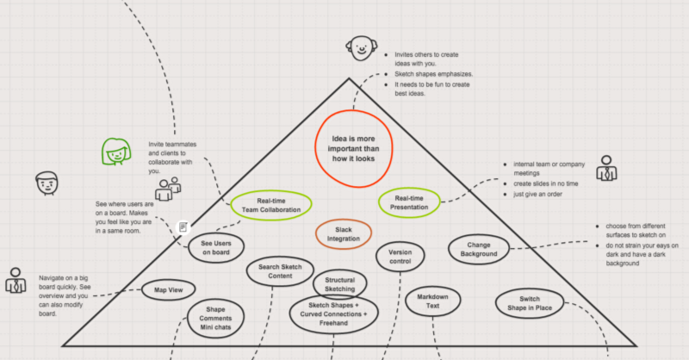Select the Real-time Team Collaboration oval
click(x=230, y=205)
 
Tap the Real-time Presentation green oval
click(x=378, y=202)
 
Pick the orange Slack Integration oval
click(x=316, y=234)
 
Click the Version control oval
click(x=376, y=257)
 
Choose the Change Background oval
click(x=449, y=249)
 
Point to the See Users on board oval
click(x=189, y=248)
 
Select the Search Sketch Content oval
click(x=247, y=271)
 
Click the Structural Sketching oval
click(x=313, y=284)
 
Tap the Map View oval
click(x=142, y=289)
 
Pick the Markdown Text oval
click(x=406, y=301)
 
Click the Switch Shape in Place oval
click(x=496, y=303)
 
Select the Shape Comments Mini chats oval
click(x=188, y=319)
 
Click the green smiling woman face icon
click(x=116, y=152)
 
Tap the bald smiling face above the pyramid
click(x=361, y=48)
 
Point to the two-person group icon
click(x=168, y=189)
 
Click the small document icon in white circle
click(x=183, y=227)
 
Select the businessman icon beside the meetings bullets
click(x=606, y=168)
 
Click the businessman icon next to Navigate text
click(x=16, y=280)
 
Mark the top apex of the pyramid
click(x=350, y=78)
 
